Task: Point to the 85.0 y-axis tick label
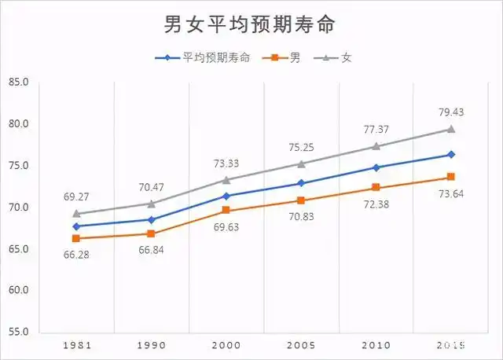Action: coord(18,83)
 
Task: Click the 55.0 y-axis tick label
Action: coord(18,332)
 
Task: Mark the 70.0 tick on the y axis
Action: coord(18,208)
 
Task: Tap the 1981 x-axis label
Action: coord(76,345)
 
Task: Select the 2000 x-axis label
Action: coord(226,345)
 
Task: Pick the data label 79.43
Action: coord(451,112)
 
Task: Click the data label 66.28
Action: coord(75,253)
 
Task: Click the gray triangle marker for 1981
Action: coord(76,213)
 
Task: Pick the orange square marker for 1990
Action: coord(151,233)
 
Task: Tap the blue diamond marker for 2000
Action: coord(226,196)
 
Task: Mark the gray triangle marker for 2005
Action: coord(301,163)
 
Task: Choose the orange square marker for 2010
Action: coord(376,187)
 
